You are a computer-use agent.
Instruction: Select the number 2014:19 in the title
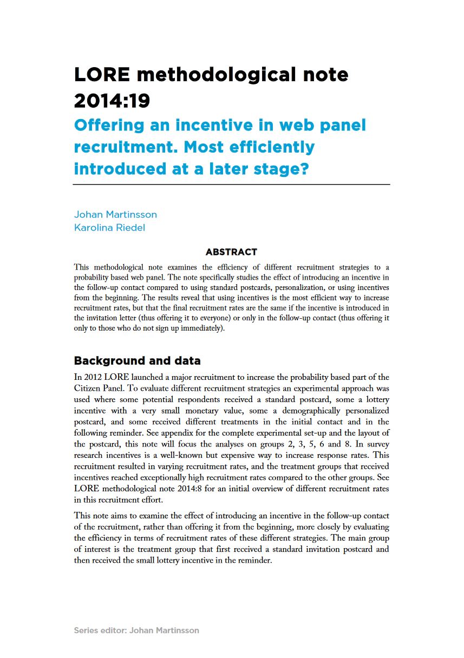click(x=112, y=100)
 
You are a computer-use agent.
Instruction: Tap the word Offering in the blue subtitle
click(x=109, y=126)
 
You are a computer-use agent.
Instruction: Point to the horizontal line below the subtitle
click(x=232, y=185)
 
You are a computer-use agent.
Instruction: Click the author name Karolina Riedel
click(x=109, y=227)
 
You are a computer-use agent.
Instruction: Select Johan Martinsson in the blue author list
click(x=115, y=214)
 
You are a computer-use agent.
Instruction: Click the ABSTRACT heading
click(x=231, y=252)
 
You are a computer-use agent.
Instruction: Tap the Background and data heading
click(x=137, y=361)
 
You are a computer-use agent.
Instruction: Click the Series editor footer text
click(x=136, y=630)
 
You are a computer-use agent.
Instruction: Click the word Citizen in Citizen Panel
click(x=88, y=389)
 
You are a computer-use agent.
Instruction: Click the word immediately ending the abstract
click(x=201, y=328)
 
